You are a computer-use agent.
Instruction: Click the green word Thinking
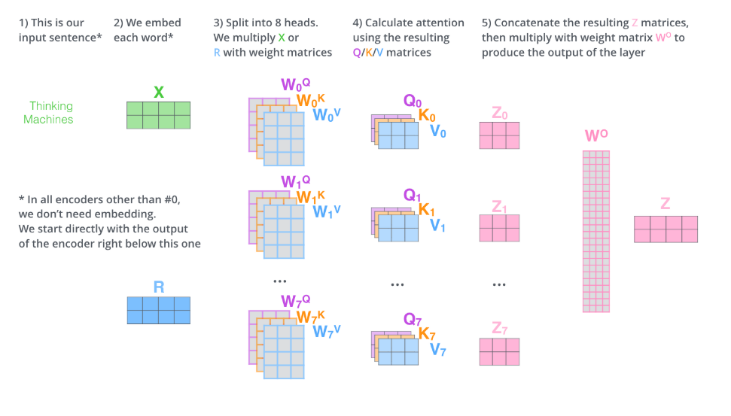(x=51, y=106)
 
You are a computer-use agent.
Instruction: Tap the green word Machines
(x=48, y=119)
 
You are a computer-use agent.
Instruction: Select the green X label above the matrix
(x=158, y=92)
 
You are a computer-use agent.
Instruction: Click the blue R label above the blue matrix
(x=158, y=287)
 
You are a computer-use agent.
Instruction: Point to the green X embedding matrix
(x=158, y=115)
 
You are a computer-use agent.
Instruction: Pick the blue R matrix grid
(x=158, y=310)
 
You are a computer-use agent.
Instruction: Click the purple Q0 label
(x=413, y=101)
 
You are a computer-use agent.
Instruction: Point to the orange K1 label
(x=427, y=210)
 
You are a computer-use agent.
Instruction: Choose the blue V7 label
(x=438, y=349)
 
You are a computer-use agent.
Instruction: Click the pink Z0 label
(x=499, y=113)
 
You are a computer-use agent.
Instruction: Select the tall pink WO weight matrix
(x=596, y=231)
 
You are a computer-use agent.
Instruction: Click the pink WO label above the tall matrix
(x=596, y=136)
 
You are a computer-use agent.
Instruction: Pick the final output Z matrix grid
(x=666, y=229)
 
